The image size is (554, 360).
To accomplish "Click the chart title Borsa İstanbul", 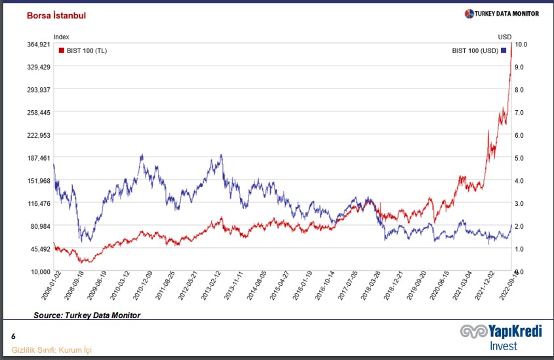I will pos(56,15).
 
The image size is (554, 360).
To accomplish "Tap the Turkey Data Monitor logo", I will pos(502,14).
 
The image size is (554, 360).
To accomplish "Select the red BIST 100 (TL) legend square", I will pos(62,50).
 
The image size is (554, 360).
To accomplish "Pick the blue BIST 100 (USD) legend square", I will pos(504,50).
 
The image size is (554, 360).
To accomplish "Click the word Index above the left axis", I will pos(61,37).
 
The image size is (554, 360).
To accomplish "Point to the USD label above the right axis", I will pos(504,37).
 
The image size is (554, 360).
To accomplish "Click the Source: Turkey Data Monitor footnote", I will pos(87,315).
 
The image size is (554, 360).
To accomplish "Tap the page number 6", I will pos(13,336).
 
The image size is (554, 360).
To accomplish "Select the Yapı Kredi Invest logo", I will pos(501,337).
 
